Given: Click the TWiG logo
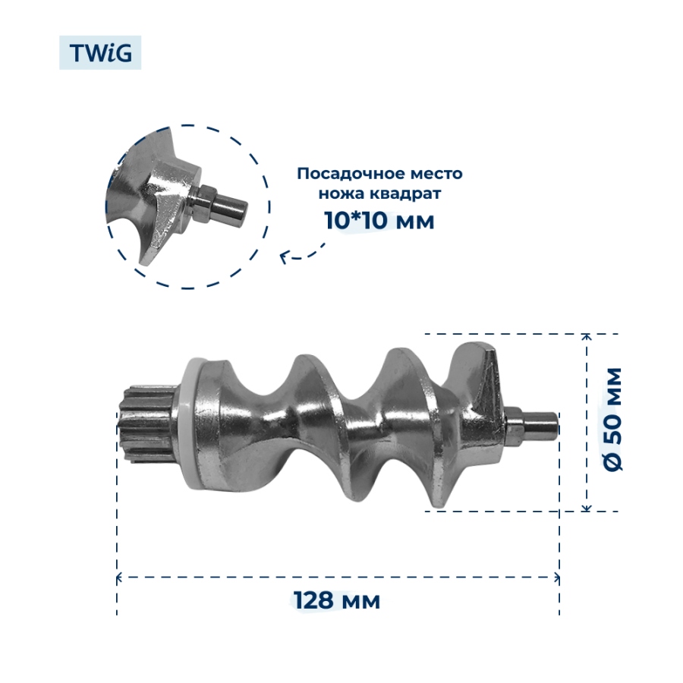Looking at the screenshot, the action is coord(100,52).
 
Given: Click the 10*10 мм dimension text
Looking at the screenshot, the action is coord(379,220).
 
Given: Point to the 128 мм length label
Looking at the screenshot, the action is coord(336,600).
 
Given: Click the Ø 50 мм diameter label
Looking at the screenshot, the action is coord(613,419).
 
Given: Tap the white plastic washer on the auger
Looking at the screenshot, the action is coord(190,423).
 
